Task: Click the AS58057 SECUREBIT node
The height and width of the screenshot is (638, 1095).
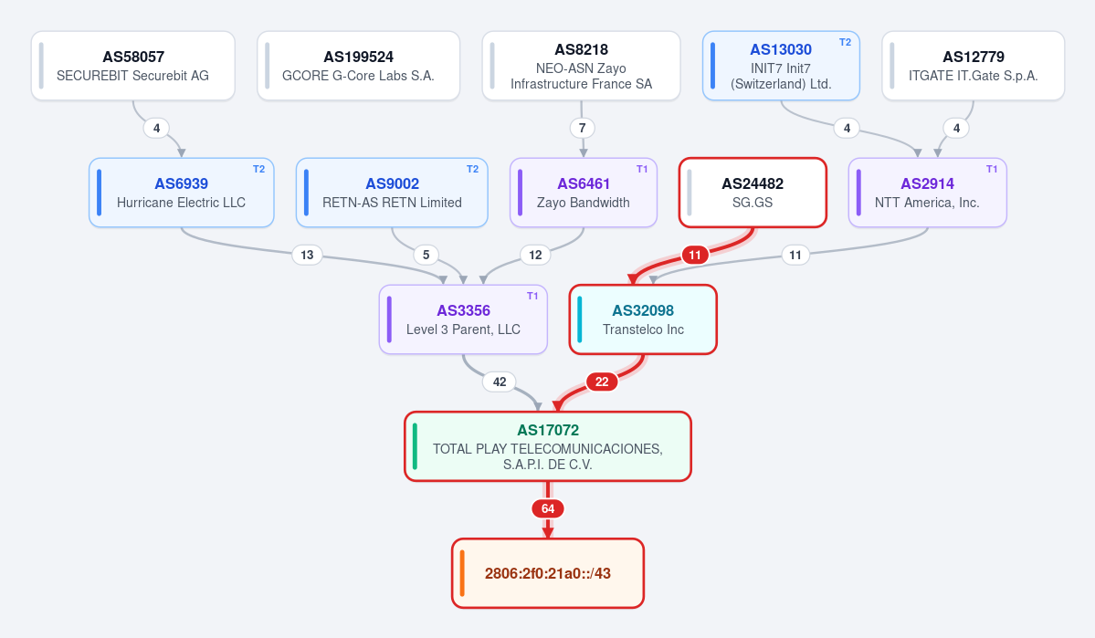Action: [132, 66]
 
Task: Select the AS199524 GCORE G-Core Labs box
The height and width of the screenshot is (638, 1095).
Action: [358, 66]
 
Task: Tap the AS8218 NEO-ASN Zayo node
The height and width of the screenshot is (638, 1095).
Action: [581, 66]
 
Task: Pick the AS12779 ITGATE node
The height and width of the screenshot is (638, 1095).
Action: [973, 66]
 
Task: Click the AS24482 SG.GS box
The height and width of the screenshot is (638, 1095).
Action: [753, 193]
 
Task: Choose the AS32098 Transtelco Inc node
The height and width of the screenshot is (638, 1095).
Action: [643, 319]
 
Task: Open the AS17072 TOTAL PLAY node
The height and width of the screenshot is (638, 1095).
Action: [548, 446]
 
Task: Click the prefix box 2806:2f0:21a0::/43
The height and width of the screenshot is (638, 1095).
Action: [548, 573]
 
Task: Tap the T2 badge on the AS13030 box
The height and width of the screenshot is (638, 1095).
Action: [845, 42]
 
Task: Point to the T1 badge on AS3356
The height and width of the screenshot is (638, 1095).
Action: [532, 296]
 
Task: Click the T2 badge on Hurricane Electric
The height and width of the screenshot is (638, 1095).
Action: [258, 169]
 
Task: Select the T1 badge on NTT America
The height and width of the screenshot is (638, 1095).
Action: [992, 169]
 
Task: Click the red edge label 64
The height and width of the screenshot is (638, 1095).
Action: [548, 509]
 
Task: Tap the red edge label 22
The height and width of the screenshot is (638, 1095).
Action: [602, 382]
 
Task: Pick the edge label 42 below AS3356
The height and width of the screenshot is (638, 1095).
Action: [500, 382]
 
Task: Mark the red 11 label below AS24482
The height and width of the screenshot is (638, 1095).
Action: [695, 255]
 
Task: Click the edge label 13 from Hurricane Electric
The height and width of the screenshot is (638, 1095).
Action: [307, 255]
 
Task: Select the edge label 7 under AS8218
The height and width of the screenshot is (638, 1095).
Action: [583, 128]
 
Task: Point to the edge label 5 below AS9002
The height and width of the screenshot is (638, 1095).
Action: [426, 255]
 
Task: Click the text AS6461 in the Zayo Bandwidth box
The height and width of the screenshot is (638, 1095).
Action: [584, 183]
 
